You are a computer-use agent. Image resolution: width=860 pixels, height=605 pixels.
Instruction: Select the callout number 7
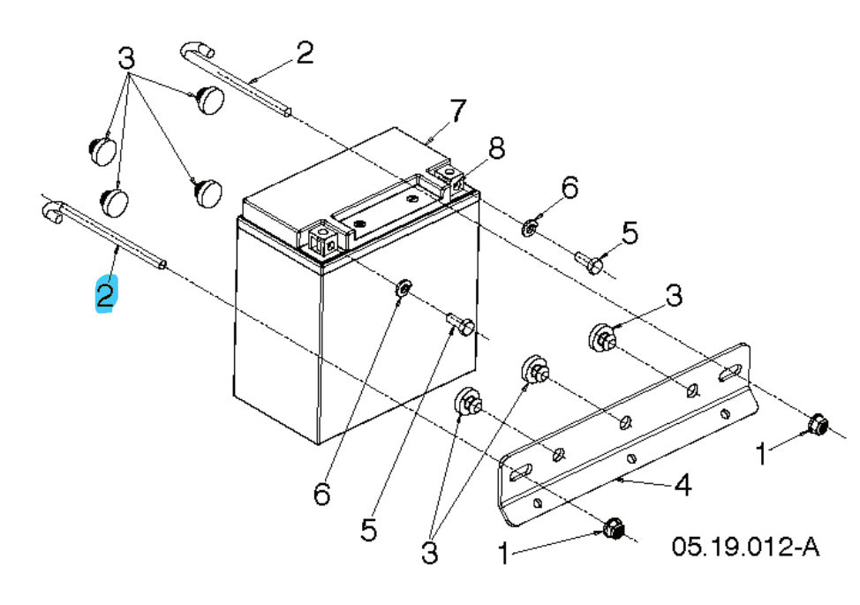456,111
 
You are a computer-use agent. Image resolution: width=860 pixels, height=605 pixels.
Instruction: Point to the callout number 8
497,149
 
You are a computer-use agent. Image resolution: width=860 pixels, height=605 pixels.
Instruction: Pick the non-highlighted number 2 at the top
304,55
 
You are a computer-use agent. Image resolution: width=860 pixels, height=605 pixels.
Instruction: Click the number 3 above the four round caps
127,60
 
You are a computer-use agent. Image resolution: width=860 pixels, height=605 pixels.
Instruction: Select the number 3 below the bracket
429,553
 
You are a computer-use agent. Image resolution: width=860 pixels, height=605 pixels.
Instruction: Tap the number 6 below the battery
321,494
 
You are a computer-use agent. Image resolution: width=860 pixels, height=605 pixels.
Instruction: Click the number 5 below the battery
368,529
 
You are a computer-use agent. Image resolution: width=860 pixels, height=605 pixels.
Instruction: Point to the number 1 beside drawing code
503,554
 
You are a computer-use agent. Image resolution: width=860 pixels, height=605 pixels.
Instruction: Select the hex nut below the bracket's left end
612,529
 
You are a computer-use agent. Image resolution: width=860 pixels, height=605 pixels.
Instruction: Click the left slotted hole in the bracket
518,473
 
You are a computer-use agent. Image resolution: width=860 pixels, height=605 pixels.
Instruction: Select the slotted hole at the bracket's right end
729,373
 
